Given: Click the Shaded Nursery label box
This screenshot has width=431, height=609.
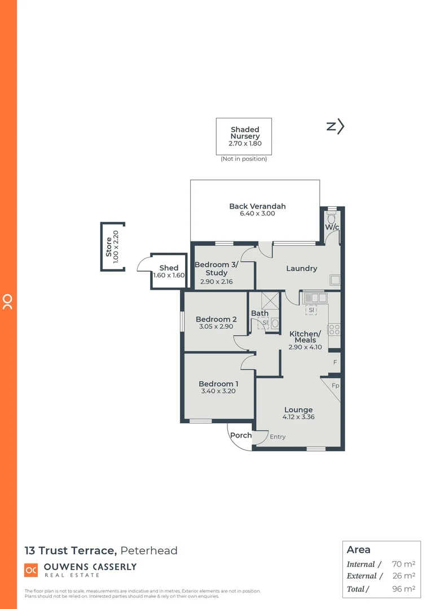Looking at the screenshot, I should (244, 136).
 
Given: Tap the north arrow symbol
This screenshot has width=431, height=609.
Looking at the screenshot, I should (336, 127).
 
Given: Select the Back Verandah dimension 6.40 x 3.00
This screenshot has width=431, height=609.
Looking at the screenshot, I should (257, 214).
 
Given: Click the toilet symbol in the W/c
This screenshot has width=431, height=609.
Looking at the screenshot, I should (332, 217).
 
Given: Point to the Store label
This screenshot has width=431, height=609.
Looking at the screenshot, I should (109, 247).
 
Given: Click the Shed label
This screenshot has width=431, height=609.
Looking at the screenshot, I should (169, 268).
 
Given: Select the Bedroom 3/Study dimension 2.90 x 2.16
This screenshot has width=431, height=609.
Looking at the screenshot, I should (217, 282).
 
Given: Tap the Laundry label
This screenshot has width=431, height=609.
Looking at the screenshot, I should (301, 268).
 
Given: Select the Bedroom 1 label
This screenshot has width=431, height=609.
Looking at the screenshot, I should (218, 384).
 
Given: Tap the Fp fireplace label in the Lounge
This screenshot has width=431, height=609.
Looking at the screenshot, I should (335, 386).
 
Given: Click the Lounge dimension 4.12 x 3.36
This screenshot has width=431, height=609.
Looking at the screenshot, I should (298, 417).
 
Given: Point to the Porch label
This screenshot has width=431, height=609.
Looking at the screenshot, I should (241, 435).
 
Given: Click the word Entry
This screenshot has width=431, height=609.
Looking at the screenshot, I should (278, 437).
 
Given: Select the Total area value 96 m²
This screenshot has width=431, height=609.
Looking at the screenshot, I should (403, 589).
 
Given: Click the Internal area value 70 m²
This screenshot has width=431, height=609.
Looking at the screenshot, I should (403, 564).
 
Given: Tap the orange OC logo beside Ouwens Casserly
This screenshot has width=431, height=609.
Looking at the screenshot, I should (31, 570).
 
